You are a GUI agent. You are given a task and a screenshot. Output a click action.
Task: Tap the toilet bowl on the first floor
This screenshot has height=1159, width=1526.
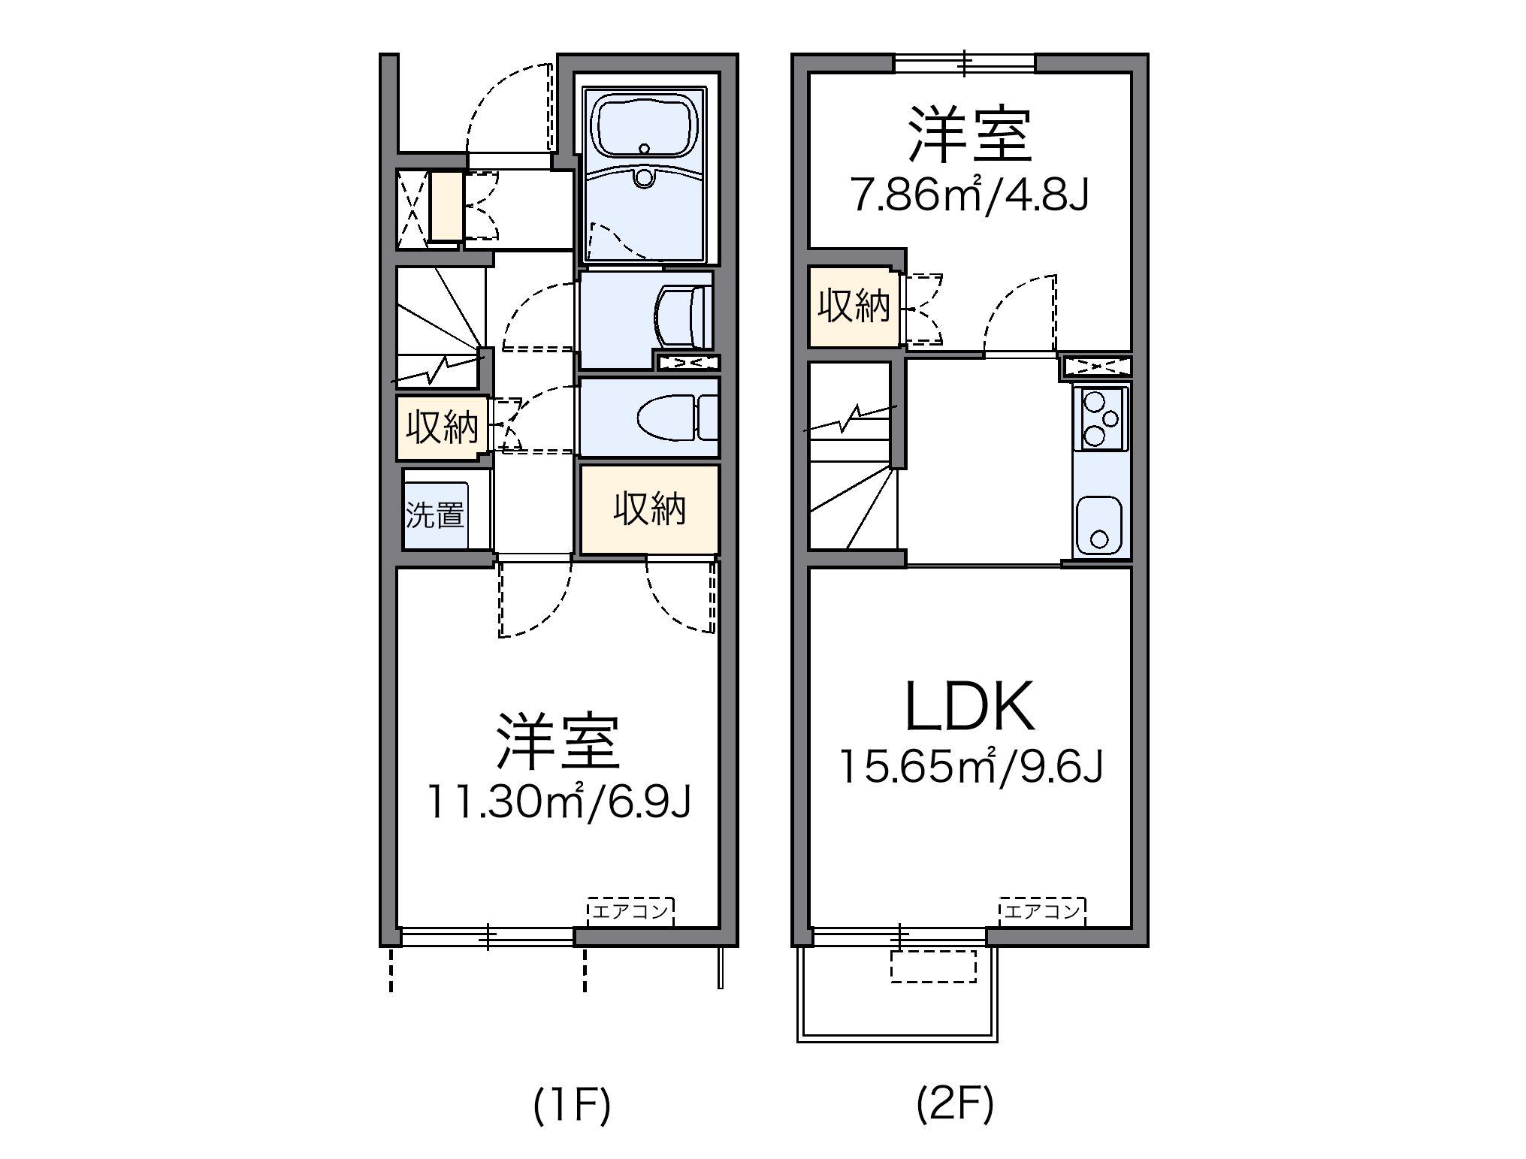(665, 418)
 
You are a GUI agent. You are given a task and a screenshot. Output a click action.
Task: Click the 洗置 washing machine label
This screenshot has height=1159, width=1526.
(434, 515)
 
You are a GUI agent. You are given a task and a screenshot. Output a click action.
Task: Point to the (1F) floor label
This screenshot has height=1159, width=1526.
(572, 1106)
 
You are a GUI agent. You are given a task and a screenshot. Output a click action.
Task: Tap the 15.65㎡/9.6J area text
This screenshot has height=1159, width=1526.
(970, 767)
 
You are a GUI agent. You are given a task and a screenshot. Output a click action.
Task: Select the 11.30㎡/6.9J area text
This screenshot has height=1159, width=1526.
(558, 802)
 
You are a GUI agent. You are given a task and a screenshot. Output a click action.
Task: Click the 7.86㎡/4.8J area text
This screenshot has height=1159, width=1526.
(969, 195)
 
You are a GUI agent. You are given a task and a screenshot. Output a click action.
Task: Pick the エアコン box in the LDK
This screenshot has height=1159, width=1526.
(1041, 912)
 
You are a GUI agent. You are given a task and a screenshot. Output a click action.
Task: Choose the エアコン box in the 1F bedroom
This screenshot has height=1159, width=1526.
(630, 912)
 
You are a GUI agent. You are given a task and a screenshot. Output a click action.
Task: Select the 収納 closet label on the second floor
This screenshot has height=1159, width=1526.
(854, 306)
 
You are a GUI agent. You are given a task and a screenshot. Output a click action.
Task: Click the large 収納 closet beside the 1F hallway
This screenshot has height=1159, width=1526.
(649, 510)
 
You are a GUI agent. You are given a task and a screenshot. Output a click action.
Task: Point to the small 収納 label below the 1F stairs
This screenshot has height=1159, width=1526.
(442, 428)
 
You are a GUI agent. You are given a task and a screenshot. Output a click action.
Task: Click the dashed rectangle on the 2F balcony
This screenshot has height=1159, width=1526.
(933, 967)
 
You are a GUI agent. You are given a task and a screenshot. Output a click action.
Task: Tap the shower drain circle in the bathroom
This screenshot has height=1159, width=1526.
(644, 177)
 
